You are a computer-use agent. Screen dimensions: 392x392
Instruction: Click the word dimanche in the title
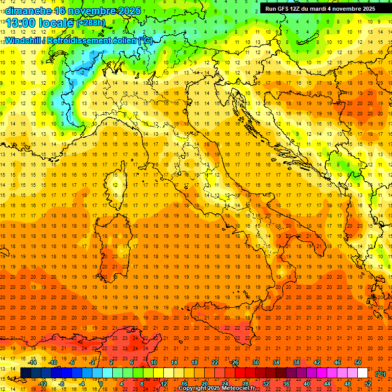26,11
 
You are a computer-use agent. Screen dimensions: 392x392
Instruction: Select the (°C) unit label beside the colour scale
380,374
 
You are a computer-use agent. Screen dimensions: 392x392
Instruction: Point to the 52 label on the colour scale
368,383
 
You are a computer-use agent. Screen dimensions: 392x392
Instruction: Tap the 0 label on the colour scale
102,383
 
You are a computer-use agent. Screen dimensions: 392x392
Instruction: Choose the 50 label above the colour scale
358,362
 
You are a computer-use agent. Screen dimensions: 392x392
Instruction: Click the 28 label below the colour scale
246,383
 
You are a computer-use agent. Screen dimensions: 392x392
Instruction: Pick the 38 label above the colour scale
297,362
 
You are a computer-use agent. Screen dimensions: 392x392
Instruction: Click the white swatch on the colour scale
362,373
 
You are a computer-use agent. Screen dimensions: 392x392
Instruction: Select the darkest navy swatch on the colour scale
26,373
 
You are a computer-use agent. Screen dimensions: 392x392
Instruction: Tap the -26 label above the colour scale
234,362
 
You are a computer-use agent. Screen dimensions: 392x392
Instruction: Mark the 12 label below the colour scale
164,383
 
